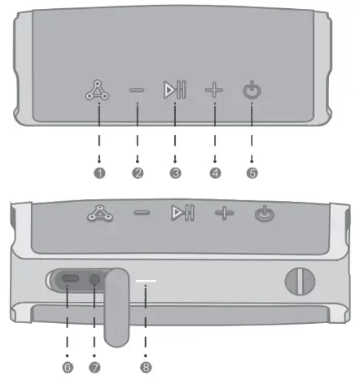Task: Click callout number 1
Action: pyautogui.click(x=99, y=173)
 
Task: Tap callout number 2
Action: pyautogui.click(x=138, y=173)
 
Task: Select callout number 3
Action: pyautogui.click(x=175, y=173)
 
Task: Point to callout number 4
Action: pyautogui.click(x=214, y=173)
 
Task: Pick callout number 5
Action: pyautogui.click(x=252, y=173)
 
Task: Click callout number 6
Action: pyautogui.click(x=67, y=367)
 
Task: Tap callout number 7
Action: pyautogui.click(x=94, y=367)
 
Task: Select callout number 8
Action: pyautogui.click(x=147, y=367)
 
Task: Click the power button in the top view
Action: pyautogui.click(x=252, y=90)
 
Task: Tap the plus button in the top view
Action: pyautogui.click(x=214, y=90)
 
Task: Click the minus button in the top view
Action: pyautogui.click(x=137, y=90)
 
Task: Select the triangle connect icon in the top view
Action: pyautogui.click(x=99, y=90)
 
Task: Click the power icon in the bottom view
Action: pyautogui.click(x=263, y=214)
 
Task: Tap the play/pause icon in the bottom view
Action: pyautogui.click(x=182, y=213)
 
